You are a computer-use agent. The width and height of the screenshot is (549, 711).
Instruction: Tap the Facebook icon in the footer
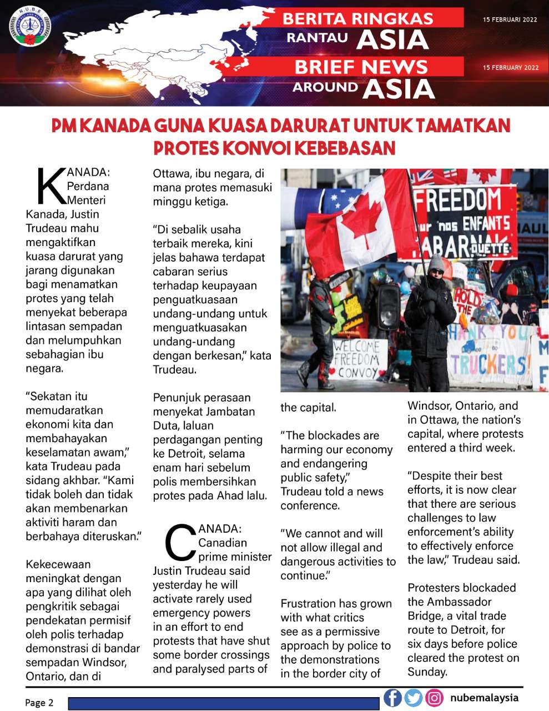(392, 698)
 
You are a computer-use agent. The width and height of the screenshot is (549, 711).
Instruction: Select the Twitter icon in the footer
(413, 698)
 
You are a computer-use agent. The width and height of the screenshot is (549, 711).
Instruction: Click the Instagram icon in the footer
(434, 698)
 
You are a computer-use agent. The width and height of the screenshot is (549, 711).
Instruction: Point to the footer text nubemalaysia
(484, 698)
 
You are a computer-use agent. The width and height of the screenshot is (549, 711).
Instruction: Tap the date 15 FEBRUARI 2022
(510, 19)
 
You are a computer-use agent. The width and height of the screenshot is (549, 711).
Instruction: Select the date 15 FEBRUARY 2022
(511, 68)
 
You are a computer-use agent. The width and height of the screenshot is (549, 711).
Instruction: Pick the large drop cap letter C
(180, 542)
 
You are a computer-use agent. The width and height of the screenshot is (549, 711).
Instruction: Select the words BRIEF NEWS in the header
(361, 67)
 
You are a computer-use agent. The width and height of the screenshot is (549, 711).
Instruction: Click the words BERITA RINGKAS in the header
(357, 18)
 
